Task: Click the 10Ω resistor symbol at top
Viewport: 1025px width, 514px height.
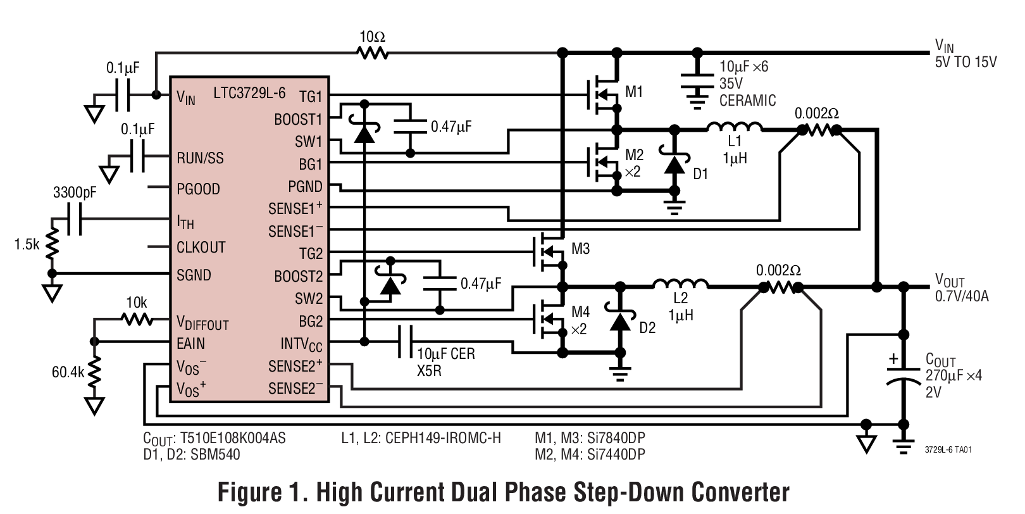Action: [x=373, y=53]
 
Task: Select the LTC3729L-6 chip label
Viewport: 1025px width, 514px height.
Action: [x=249, y=94]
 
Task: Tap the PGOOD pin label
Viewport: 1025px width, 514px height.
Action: [x=198, y=189]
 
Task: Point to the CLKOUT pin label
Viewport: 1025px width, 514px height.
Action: [x=201, y=248]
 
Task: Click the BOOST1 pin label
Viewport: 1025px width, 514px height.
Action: [x=298, y=120]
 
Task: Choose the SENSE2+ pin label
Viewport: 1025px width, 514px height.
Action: [x=295, y=366]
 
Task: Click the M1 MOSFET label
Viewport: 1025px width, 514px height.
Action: [x=634, y=92]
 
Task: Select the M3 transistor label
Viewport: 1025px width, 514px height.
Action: [x=580, y=249]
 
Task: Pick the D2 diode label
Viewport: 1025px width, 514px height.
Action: [x=647, y=328]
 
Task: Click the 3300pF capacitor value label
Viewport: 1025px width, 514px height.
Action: [x=75, y=192]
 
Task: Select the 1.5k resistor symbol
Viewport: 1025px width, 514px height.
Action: [x=53, y=244]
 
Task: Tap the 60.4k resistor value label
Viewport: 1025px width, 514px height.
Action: [x=68, y=372]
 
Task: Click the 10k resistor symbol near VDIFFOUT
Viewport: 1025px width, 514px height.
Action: [x=137, y=320]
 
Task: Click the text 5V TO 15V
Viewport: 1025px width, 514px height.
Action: [x=966, y=62]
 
